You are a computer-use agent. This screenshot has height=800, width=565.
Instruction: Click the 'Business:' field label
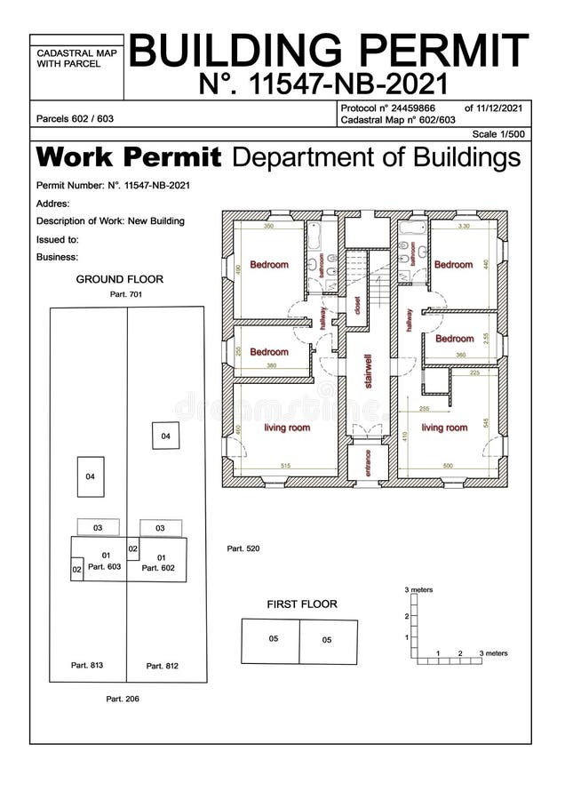(58, 257)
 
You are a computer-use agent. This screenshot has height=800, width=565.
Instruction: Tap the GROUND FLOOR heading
(119, 279)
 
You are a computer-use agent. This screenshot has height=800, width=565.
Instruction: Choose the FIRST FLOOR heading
(302, 604)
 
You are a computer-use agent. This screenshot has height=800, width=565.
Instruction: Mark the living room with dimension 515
(286, 428)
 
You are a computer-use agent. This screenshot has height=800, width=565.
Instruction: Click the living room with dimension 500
(443, 428)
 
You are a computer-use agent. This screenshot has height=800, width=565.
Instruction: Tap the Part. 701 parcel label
(125, 293)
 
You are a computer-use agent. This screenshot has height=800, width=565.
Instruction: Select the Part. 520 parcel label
(243, 549)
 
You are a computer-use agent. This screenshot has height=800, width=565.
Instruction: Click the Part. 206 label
(122, 699)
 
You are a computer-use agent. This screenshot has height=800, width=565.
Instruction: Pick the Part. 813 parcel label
(87, 665)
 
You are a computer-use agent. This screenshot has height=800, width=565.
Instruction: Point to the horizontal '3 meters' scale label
(493, 652)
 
